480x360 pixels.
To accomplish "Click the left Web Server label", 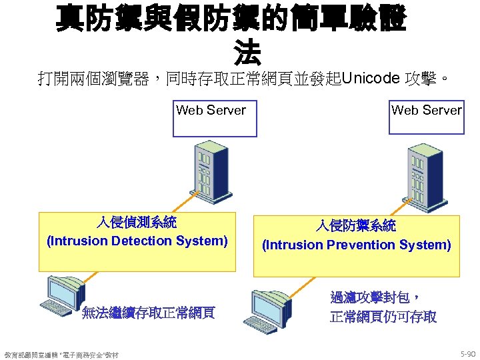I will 211,111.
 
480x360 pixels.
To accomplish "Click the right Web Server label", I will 426,111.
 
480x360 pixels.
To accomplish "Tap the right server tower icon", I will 419,171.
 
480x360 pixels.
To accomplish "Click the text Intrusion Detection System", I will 137,241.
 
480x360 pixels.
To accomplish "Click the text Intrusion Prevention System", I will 357,245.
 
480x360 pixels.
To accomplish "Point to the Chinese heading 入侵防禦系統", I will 357,226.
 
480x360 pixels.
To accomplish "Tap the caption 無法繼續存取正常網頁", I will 148,313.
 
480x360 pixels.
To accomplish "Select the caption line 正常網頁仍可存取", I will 383,317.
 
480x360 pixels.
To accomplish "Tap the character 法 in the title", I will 247,53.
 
